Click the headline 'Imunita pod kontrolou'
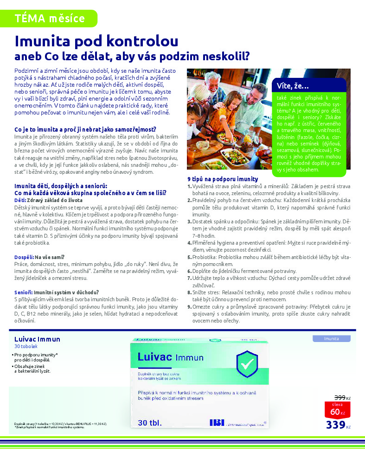[x=96, y=41]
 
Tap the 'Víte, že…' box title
[x=293, y=86]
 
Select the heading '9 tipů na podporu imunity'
[x=223, y=179]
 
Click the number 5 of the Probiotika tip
[x=189, y=257]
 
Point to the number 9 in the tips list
[x=189, y=307]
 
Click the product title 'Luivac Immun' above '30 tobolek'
[x=37, y=339]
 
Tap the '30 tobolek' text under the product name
[x=25, y=346]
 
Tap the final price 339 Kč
[x=338, y=424]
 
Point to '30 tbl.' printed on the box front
[x=154, y=423]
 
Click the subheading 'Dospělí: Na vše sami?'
[x=39, y=257]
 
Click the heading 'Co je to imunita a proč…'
[x=85, y=129]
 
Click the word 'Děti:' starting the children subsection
[x=20, y=200]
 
